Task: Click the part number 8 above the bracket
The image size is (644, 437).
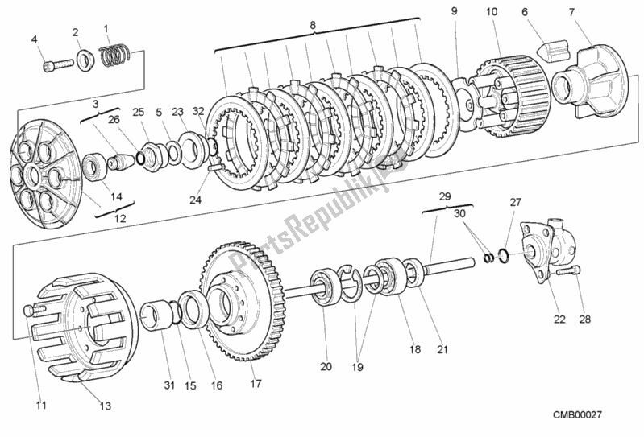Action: pyautogui.click(x=313, y=25)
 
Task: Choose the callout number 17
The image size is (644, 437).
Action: pyautogui.click(x=256, y=383)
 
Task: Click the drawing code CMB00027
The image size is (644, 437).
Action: pyautogui.click(x=578, y=414)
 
